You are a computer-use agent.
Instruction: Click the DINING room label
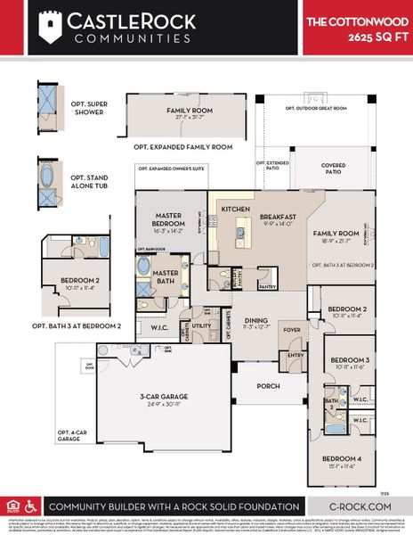pos(256,323)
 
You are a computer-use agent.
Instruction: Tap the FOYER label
pos(291,328)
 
